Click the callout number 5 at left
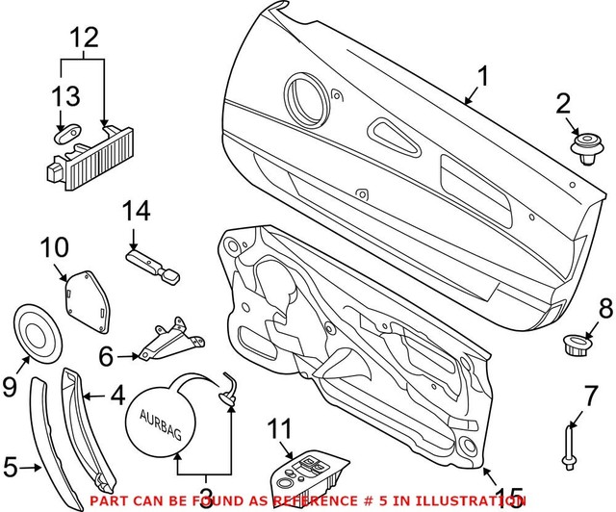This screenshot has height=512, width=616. pos(12,469)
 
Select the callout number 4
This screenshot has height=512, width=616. pos(116,393)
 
